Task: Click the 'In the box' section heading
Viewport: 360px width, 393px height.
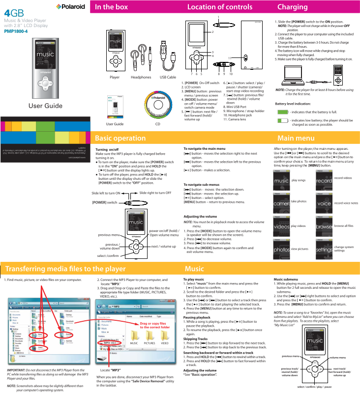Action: [112, 7]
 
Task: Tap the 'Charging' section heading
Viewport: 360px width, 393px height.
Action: [292, 7]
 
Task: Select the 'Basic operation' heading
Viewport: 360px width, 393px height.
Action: [120, 138]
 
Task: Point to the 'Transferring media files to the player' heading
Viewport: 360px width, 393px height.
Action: [65, 269]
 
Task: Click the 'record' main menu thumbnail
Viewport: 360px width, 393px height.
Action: [324, 180]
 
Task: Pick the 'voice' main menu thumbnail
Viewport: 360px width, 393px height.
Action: [324, 202]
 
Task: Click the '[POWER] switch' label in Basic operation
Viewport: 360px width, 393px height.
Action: [105, 202]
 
